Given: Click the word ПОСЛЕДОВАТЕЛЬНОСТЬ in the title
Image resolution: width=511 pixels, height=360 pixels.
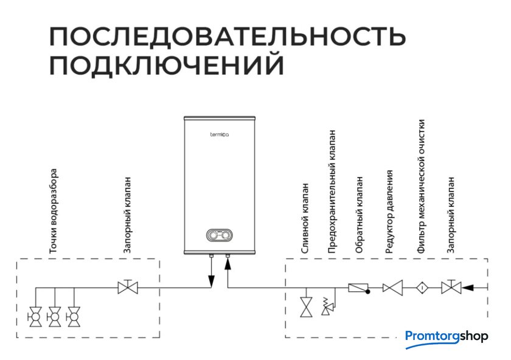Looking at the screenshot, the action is point(228,36).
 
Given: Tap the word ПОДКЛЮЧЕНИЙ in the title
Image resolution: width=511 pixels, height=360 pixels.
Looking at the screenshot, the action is point(167,66).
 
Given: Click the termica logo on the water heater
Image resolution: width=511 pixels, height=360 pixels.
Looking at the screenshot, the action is point(220,134).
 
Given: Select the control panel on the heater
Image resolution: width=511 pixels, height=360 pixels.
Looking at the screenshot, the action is point(220,235).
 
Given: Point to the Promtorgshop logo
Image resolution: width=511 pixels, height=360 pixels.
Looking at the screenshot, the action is point(447,339).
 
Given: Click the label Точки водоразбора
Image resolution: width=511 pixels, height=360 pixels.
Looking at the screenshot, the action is point(53,211).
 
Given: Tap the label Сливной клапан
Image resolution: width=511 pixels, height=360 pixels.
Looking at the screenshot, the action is point(304,218).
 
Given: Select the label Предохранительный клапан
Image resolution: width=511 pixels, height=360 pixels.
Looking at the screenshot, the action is point(332,192).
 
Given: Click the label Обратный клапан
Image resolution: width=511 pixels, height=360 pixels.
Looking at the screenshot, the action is point(359,215).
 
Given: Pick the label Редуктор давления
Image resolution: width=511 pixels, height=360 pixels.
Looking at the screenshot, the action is point(389,212).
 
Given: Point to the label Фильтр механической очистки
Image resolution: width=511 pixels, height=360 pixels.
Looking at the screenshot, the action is point(421,186).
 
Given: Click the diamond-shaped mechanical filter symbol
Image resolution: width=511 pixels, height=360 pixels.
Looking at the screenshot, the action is point(422,288).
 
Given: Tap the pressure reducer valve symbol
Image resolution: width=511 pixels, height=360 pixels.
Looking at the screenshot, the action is point(393,288).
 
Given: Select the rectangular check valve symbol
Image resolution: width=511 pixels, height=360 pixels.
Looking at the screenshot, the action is point(359,288).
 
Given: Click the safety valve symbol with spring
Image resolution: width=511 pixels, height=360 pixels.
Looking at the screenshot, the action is point(328,306).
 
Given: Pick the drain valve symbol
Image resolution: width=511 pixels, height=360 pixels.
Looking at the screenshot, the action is point(306,307).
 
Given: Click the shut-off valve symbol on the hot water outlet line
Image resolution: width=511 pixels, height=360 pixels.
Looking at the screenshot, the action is point(128,286).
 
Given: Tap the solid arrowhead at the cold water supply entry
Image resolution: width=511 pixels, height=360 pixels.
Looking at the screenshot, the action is point(468,288).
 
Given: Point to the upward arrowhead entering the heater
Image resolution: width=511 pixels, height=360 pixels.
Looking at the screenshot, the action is point(228,264).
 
